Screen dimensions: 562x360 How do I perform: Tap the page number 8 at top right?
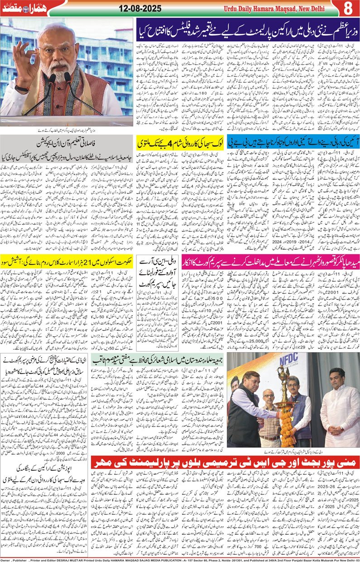[348, 8]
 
